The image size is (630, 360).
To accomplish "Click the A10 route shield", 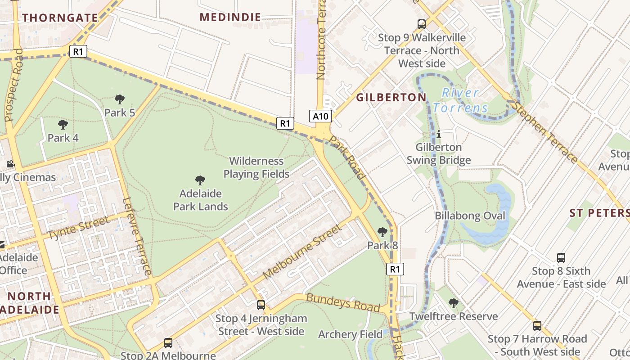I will point(321,117).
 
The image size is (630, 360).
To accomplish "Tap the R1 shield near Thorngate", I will point(78,51).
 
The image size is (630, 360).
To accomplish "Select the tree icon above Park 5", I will point(120,99).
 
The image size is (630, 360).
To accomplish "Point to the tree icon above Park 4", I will point(63,125).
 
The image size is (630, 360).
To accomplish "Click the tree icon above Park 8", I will point(382,232).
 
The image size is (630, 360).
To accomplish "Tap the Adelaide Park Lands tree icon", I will point(200,180).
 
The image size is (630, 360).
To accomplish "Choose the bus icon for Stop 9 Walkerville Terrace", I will point(422,24).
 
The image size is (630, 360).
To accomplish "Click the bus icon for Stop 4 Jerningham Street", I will point(261,305).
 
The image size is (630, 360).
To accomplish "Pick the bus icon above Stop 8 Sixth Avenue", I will point(561,258).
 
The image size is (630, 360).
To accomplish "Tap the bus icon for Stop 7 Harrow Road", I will point(537,326).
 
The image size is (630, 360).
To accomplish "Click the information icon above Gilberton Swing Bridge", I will point(439,134).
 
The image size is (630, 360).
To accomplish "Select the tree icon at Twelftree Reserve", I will point(454,303).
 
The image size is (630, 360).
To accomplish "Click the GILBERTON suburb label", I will point(391,97).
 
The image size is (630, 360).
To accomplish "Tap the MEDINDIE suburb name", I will point(230,18).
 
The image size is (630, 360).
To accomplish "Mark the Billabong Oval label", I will point(470,216).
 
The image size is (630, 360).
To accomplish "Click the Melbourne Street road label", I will point(302,252).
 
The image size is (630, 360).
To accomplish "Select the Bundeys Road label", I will point(343,303).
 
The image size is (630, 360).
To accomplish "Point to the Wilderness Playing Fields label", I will point(256,167).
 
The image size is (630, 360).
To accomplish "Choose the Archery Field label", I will point(350,334).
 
